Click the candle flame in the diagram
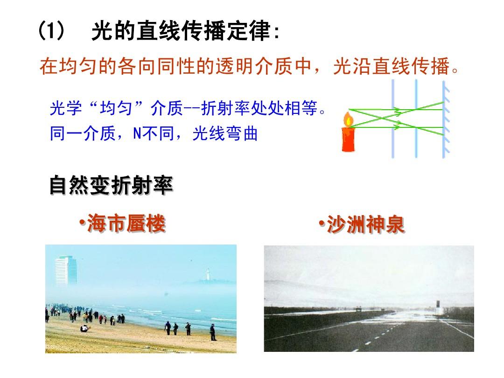[349, 119]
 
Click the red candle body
[349, 139]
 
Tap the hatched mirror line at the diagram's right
[445, 119]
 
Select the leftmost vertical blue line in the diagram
[393, 119]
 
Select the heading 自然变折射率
[111, 185]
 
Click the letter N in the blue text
[137, 133]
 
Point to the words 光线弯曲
[225, 133]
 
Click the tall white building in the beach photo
[66, 271]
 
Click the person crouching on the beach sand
[84, 328]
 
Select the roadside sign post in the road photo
[438, 308]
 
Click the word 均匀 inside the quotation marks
[116, 108]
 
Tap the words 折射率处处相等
[259, 108]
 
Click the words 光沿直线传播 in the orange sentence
[391, 66]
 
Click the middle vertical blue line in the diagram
[416, 119]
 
